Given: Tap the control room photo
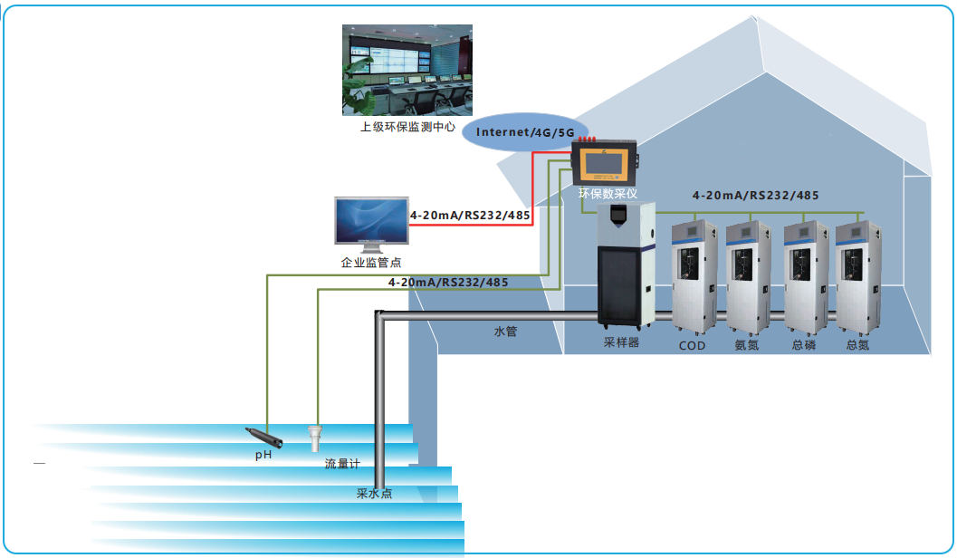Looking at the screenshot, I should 407,70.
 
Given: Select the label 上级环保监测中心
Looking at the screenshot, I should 407,128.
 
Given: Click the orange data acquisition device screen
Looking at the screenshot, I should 602,165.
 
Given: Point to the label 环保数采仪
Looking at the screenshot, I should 608,194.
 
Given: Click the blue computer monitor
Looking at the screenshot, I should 371,223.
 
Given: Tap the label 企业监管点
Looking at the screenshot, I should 371,263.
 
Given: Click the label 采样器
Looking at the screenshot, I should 621,343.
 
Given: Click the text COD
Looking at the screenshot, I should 693,345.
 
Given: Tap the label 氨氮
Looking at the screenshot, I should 747,345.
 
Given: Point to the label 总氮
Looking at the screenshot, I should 857,345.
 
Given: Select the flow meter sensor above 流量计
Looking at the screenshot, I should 315,438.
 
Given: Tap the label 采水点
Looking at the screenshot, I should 374,495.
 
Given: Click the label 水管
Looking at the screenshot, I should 505,332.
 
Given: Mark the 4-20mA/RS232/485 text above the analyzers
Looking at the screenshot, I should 755,196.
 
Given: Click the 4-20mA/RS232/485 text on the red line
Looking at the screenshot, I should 469,216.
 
